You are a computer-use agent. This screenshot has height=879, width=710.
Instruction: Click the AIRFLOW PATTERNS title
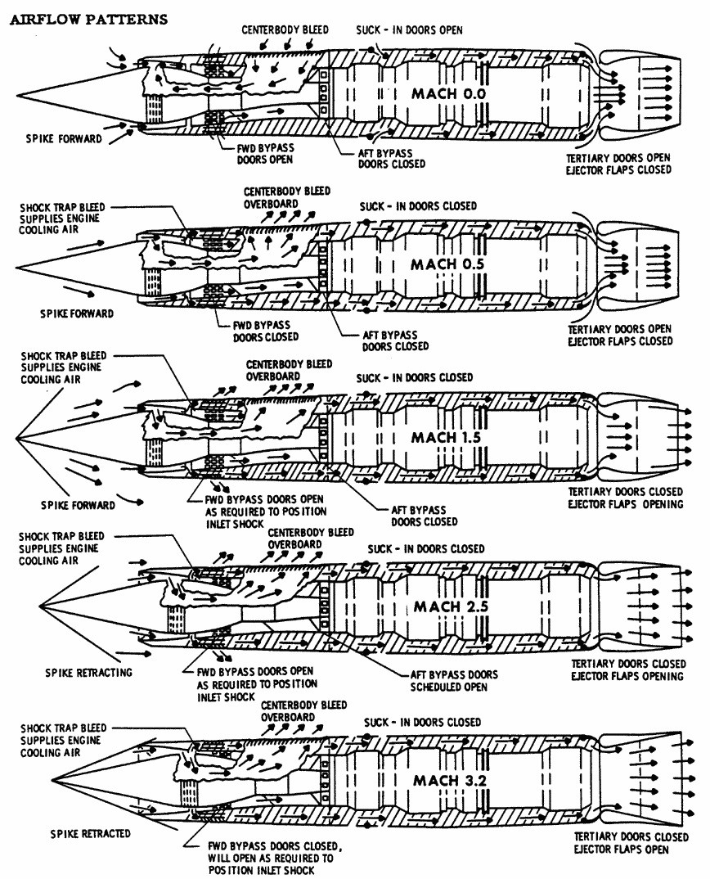pyautogui.click(x=88, y=18)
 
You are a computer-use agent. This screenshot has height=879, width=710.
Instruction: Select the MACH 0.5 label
pyautogui.click(x=448, y=264)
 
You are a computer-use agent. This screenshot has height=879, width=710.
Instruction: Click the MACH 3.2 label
pyautogui.click(x=451, y=780)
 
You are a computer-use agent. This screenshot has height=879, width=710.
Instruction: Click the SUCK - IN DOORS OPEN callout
pyautogui.click(x=409, y=30)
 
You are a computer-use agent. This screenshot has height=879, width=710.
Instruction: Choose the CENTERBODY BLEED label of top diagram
pyautogui.click(x=285, y=29)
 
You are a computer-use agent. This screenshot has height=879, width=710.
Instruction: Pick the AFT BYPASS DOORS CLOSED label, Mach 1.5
pyautogui.click(x=425, y=515)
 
